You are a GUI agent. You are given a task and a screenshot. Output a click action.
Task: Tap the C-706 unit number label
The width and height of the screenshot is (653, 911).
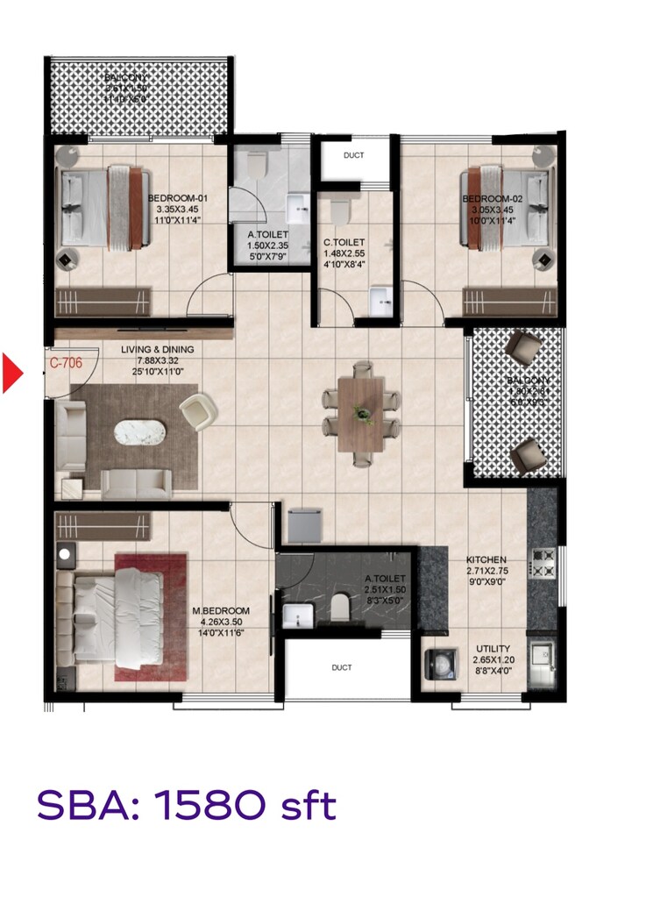click(65, 361)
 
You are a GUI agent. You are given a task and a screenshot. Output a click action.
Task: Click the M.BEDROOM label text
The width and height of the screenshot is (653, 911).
click(221, 611)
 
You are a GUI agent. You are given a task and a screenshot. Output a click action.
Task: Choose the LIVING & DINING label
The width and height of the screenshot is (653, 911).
click(157, 350)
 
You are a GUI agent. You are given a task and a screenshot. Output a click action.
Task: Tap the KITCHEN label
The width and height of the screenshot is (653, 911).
click(487, 559)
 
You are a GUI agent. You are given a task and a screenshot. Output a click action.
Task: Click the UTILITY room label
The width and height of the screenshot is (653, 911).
click(493, 650)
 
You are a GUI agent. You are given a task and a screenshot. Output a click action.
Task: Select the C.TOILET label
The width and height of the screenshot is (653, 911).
click(343, 243)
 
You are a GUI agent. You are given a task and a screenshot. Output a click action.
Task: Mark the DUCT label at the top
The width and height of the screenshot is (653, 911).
click(354, 156)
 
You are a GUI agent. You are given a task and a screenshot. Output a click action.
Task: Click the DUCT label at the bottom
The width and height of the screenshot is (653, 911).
click(342, 667)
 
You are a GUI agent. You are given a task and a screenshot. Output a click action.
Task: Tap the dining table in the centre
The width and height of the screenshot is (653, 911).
click(360, 411)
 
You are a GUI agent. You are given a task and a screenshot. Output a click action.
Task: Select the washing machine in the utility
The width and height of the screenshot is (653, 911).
click(441, 665)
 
